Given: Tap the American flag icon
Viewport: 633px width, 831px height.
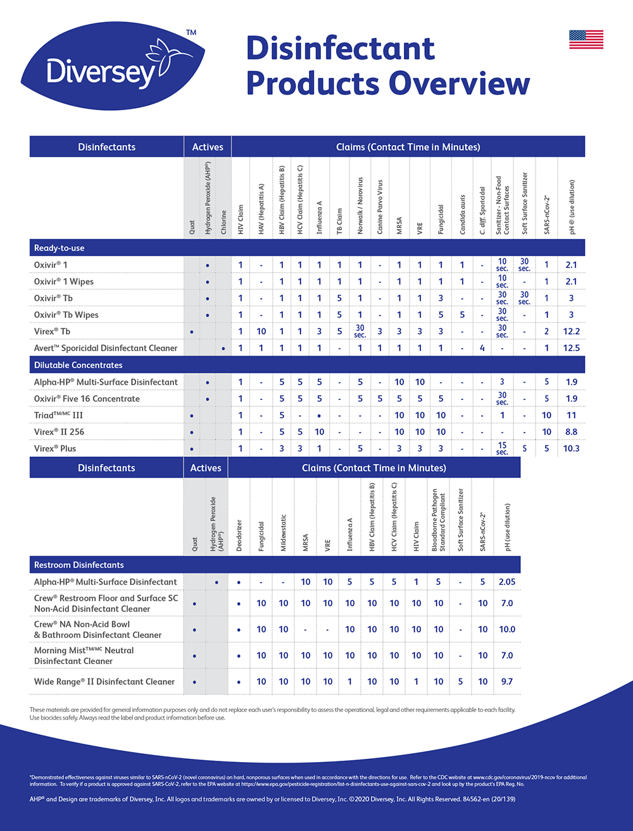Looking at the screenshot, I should pos(586,39).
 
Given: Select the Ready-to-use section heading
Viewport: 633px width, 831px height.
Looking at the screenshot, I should pos(60,248).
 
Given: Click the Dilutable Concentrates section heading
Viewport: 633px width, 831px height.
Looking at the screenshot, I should pos(78,365).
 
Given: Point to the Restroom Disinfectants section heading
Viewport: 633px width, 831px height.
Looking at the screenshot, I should pos(79,565).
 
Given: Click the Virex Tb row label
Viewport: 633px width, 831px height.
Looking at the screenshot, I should pos(53,331).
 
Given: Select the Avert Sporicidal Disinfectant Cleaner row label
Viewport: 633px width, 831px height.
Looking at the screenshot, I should pos(106,348).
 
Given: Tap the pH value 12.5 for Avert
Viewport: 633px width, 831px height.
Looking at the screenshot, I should pos(571,348).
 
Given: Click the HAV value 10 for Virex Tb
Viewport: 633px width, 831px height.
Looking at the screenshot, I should pos(261,331).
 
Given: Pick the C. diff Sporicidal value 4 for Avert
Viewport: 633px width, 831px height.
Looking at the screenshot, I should pos(482,348).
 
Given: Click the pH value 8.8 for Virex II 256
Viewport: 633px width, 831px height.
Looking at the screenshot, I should pos(571,432).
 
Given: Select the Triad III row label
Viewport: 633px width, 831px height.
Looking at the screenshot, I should pos(59,415).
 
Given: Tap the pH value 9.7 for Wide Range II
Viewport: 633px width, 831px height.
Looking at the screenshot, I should pos(506,682).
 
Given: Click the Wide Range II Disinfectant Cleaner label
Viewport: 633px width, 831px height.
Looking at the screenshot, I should pos(104,682).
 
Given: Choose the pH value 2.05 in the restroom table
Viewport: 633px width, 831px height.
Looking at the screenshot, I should pos(507,582).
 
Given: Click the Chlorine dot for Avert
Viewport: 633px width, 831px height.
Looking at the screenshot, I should pos(223,349).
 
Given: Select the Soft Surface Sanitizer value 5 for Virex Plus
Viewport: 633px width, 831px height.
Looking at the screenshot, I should pos(524,448).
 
